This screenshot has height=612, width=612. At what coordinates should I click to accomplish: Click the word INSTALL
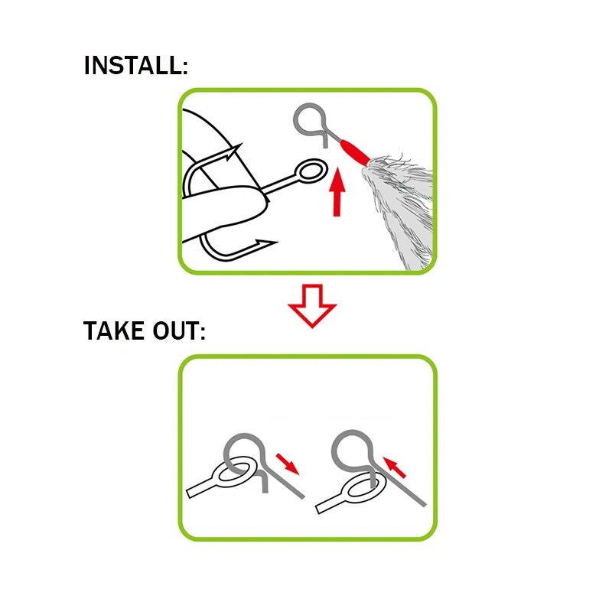pos(132,65)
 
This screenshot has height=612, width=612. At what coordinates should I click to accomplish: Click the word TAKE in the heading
pos(113,331)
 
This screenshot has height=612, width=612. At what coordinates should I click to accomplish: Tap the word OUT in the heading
pos(176,331)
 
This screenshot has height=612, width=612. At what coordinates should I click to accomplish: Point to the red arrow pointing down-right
pos(288,464)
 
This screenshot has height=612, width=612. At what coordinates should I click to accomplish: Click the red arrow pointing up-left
pos(395,467)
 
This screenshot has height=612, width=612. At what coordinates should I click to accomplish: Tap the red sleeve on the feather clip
pos(354,152)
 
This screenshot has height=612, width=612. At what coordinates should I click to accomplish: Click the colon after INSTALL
pos(185,68)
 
